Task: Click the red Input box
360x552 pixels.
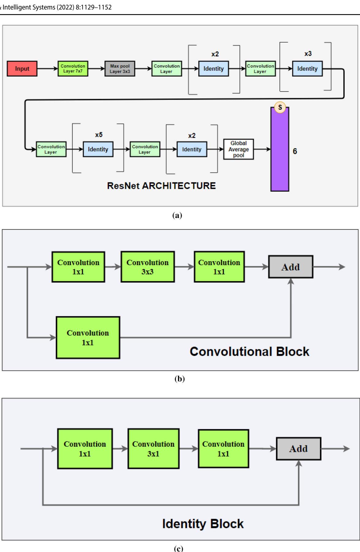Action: click(x=22, y=69)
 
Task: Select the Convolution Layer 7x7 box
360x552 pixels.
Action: click(x=73, y=69)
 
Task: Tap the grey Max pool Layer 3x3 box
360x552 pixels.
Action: click(x=120, y=69)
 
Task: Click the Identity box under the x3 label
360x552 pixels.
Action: click(x=307, y=69)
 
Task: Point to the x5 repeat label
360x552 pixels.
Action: click(x=99, y=135)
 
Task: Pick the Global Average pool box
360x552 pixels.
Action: click(x=238, y=149)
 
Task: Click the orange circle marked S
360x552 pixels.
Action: click(x=280, y=107)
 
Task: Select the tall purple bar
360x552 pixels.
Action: click(x=280, y=153)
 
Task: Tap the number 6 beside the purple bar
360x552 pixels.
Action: click(x=295, y=151)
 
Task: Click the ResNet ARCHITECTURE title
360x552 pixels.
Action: click(x=161, y=186)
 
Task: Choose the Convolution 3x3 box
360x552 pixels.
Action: click(x=148, y=267)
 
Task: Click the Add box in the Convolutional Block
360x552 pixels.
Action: click(x=290, y=267)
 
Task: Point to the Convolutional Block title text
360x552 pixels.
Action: click(x=249, y=351)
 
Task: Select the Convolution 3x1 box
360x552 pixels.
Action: click(x=153, y=449)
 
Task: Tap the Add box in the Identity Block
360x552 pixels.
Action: click(x=298, y=449)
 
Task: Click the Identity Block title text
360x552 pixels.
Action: click(x=203, y=524)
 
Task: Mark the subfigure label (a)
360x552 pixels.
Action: click(x=177, y=216)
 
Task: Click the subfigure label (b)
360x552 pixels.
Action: click(x=180, y=379)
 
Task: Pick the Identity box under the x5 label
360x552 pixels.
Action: click(x=98, y=149)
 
